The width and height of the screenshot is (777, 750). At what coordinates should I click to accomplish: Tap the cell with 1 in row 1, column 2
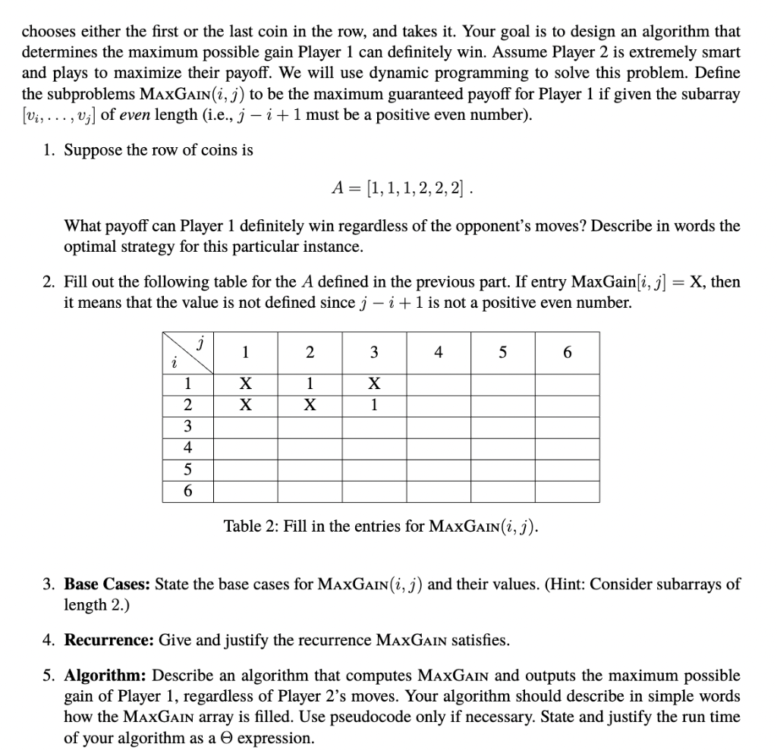pyautogui.click(x=309, y=384)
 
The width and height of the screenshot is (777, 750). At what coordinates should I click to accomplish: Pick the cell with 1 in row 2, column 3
pyautogui.click(x=373, y=405)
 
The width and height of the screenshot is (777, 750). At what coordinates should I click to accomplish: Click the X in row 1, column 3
pyautogui.click(x=373, y=384)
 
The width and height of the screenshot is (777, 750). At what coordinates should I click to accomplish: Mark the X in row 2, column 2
pyautogui.click(x=309, y=405)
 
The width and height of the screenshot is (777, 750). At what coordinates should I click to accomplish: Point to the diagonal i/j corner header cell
pyautogui.click(x=187, y=352)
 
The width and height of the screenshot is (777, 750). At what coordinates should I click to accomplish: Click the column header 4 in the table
pyautogui.click(x=438, y=352)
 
